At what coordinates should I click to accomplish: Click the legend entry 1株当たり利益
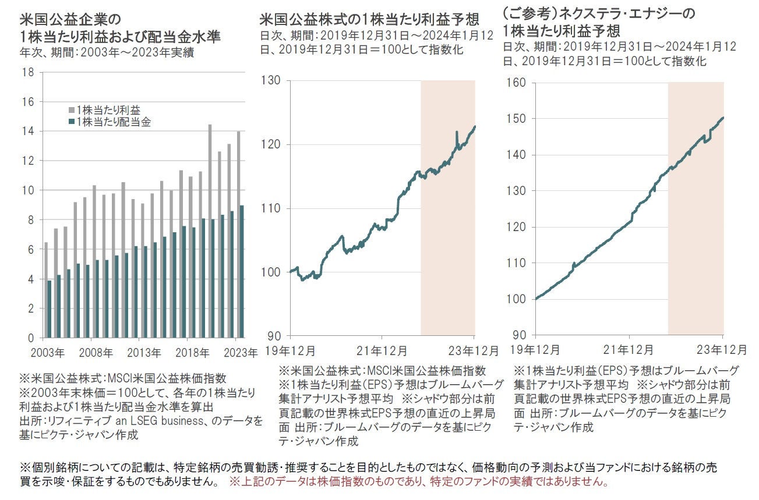click(x=108, y=109)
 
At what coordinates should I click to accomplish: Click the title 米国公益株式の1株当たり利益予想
click(x=369, y=20)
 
